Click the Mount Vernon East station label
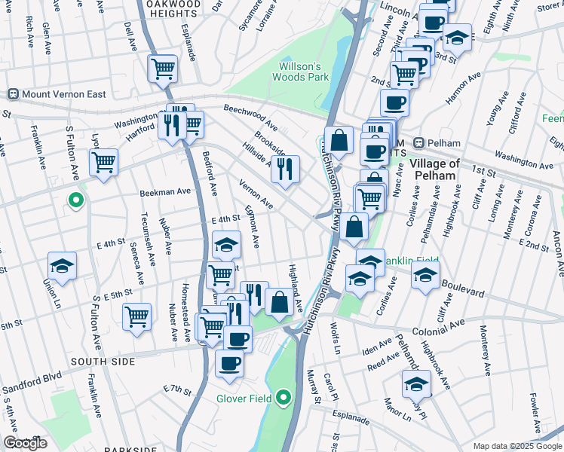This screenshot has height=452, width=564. pyautogui.click(x=58, y=94)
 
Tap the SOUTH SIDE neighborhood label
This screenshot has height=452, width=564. pyautogui.click(x=103, y=362)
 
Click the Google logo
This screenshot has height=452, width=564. pyautogui.click(x=25, y=443)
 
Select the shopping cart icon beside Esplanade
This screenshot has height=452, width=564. pyautogui.click(x=163, y=69)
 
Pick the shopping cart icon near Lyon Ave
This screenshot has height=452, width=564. pyautogui.click(x=103, y=160)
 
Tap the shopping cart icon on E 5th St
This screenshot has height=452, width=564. pyautogui.click(x=136, y=316)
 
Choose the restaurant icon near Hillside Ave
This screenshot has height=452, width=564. pyautogui.click(x=285, y=169)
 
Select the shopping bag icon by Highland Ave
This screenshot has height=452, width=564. pyautogui.click(x=279, y=301)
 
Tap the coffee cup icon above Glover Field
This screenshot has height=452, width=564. pyautogui.click(x=229, y=363)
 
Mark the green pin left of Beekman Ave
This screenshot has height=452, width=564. pyautogui.click(x=75, y=200)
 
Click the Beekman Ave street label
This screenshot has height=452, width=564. pyautogui.click(x=165, y=192)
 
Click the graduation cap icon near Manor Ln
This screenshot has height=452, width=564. pyautogui.click(x=416, y=383)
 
